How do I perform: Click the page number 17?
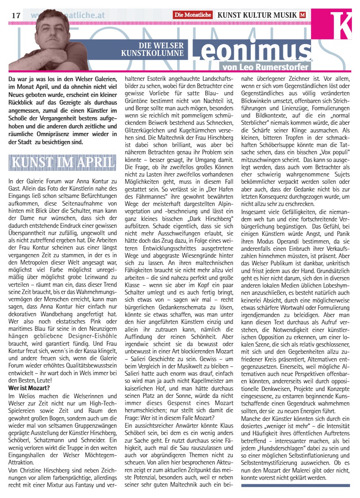(x=16, y=15)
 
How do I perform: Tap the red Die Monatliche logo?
(x=193, y=15)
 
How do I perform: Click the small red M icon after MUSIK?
(x=303, y=15)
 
